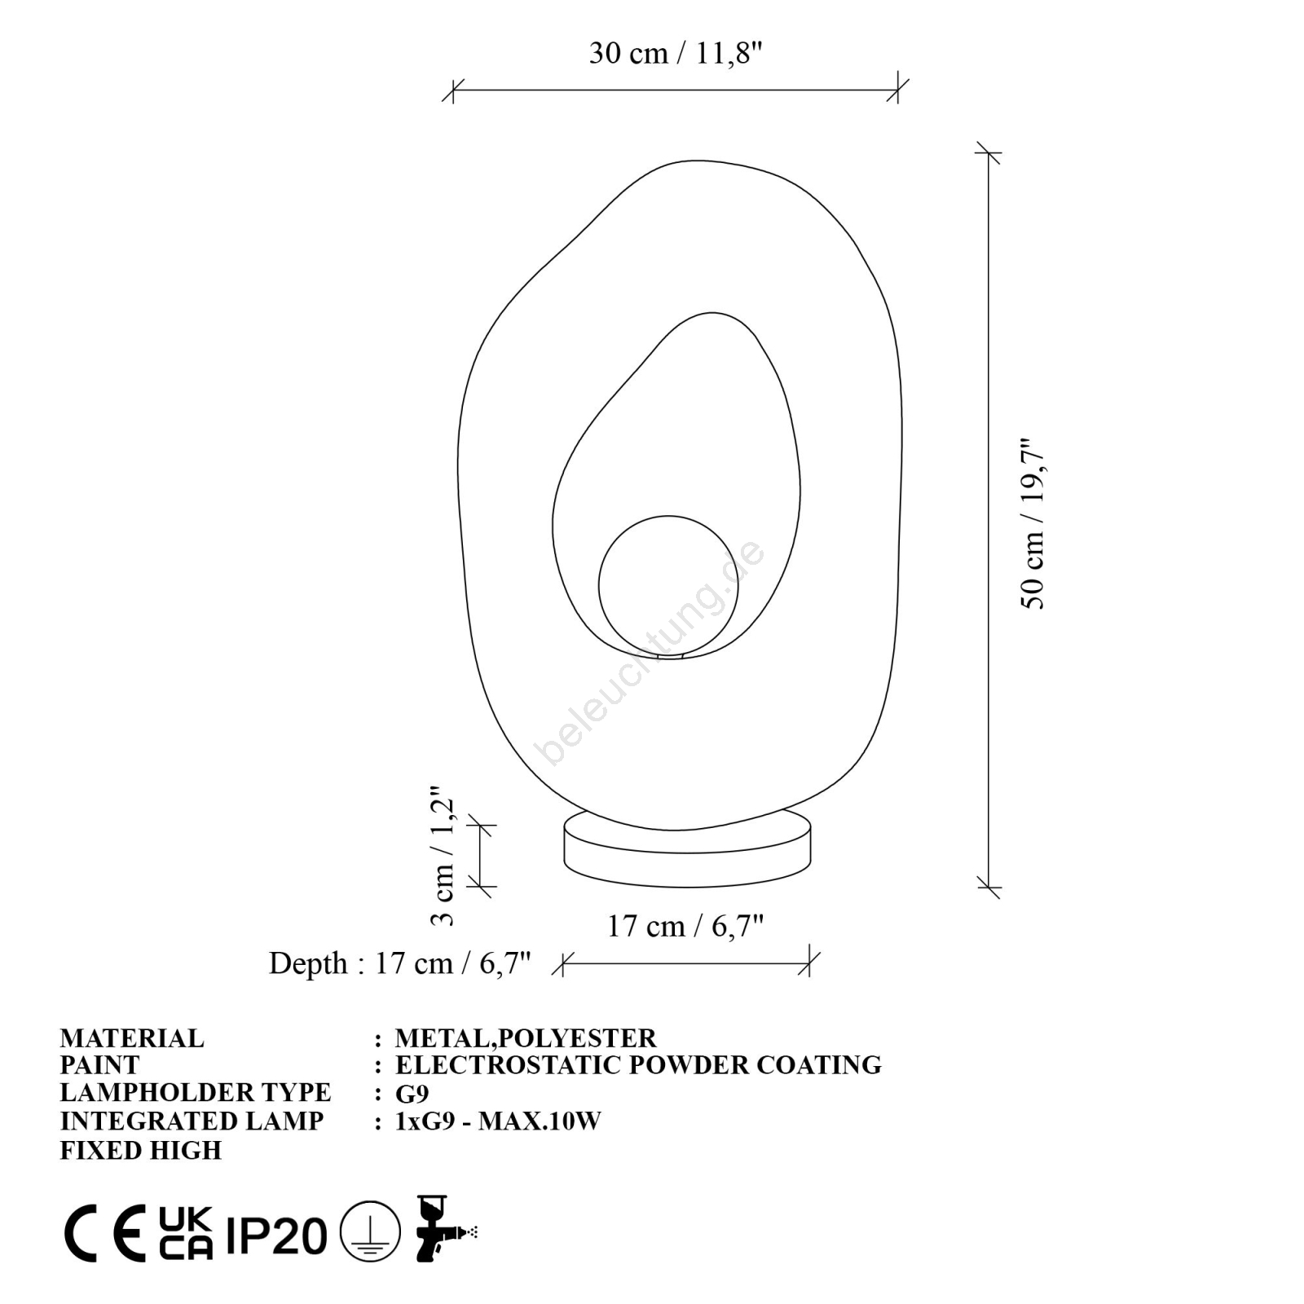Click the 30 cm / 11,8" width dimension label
pyautogui.click(x=676, y=53)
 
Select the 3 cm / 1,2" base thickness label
pyautogui.click(x=442, y=856)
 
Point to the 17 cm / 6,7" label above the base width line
pyautogui.click(x=685, y=927)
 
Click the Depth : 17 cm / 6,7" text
pyautogui.click(x=400, y=963)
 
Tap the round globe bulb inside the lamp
pyautogui.click(x=668, y=585)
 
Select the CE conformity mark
pyautogui.click(x=105, y=1233)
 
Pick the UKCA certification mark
pyautogui.click(x=186, y=1233)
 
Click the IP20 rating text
pyautogui.click(x=276, y=1236)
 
